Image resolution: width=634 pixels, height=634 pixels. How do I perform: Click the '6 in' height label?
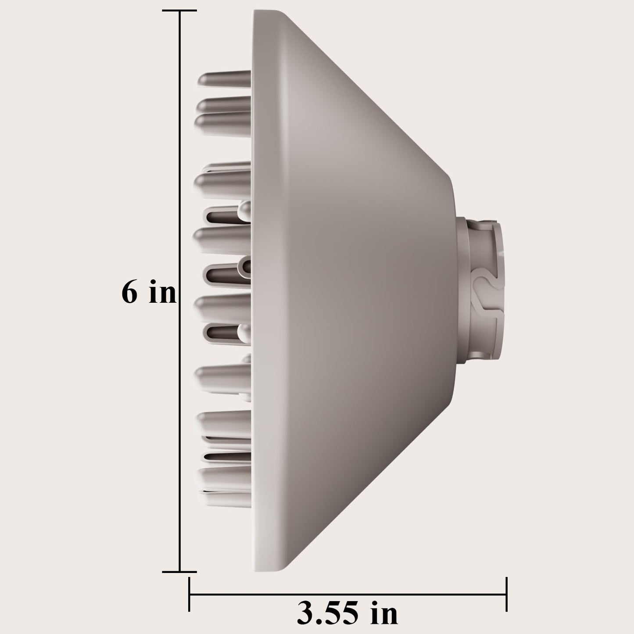(149, 292)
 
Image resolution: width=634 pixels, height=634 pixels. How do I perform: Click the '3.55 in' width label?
(347, 614)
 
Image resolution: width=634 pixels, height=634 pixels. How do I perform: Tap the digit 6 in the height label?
(129, 292)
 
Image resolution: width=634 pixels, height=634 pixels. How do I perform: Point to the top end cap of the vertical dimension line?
(180, 11)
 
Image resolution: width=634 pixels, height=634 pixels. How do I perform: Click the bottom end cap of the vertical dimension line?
(180, 572)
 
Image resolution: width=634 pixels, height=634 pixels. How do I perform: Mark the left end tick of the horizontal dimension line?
(189, 595)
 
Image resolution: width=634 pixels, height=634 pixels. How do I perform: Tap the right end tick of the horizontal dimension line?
(507, 595)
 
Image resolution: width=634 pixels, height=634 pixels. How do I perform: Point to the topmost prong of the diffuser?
(224, 79)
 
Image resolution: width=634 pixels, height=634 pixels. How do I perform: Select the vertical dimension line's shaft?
(180, 176)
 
